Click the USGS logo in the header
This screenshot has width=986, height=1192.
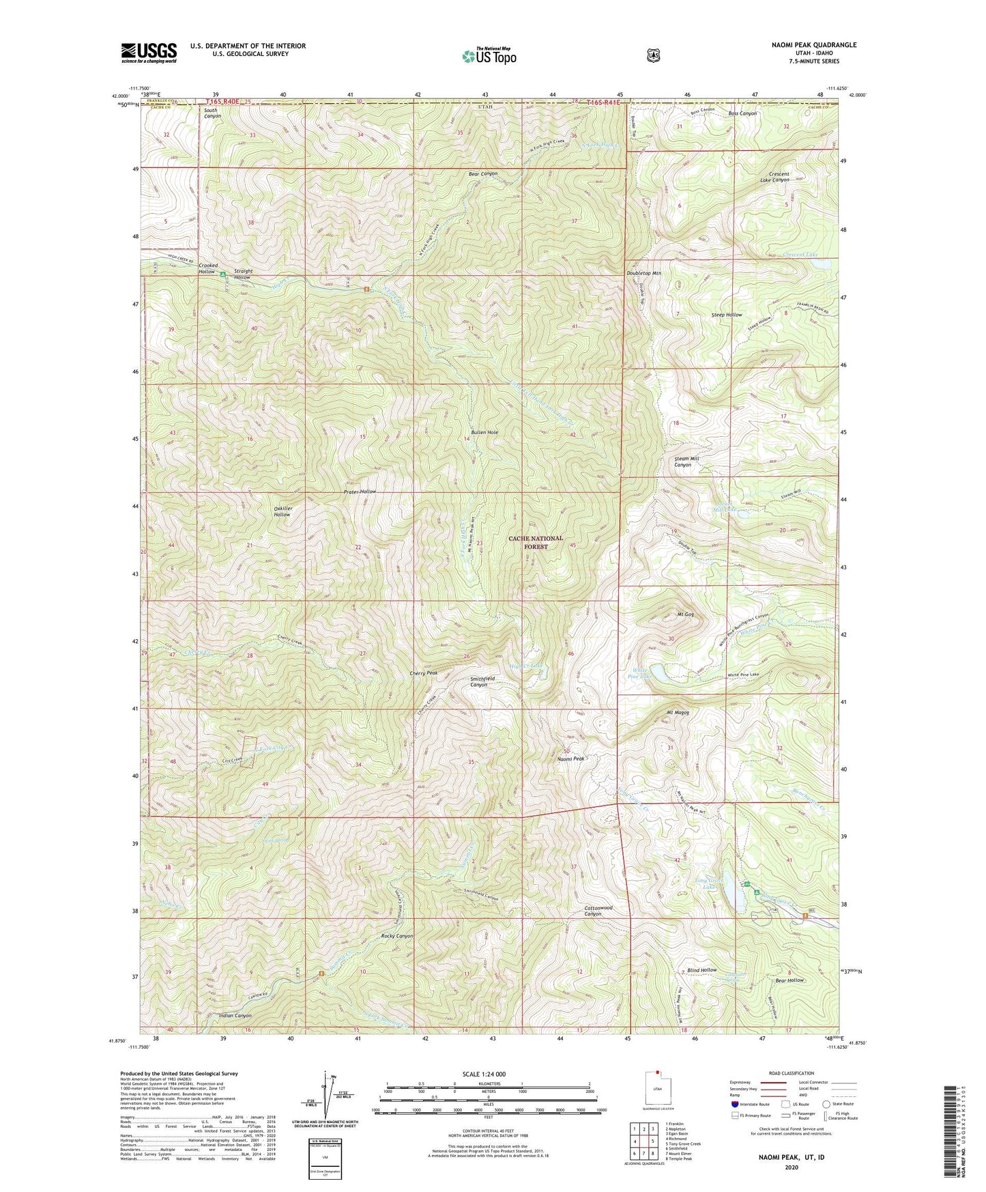tap(149, 52)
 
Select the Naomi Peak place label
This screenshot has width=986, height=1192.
tap(570, 758)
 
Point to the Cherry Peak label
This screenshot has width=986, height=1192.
tap(423, 673)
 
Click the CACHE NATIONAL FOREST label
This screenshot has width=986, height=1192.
tap(536, 542)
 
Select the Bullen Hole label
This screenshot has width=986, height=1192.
tap(484, 433)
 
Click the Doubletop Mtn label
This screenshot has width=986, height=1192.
tap(643, 273)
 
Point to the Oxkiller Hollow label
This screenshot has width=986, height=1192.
tap(282, 511)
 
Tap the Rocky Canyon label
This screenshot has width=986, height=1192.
tap(396, 936)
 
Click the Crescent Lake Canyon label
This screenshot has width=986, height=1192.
tap(774, 176)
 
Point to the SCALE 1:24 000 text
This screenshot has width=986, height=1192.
tap(484, 1074)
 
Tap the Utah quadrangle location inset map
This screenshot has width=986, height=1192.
tap(658, 1096)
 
